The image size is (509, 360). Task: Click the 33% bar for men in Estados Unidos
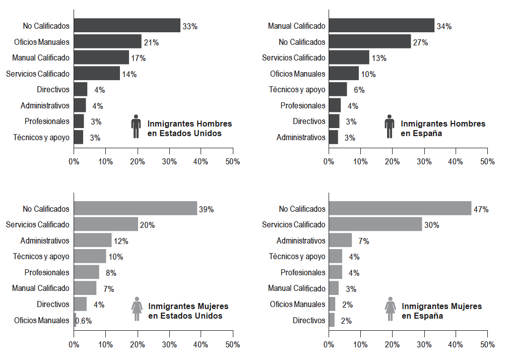point(127,26)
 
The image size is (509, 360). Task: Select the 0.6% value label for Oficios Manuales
point(84,321)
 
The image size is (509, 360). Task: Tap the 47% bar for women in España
point(400,209)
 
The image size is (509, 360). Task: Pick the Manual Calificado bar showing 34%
point(381,26)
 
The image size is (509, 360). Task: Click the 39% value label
point(206,209)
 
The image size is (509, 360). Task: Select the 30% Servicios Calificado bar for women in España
point(375,224)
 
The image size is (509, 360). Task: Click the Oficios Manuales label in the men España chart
point(297,74)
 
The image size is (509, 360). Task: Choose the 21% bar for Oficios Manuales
point(108,42)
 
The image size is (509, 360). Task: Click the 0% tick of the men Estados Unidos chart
point(74,162)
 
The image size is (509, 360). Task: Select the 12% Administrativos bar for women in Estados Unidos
point(93,241)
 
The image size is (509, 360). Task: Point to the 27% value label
point(420,42)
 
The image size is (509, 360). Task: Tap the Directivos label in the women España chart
point(309,320)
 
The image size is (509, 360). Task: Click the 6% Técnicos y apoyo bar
point(338,90)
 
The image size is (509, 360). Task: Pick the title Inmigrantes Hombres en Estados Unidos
point(189,129)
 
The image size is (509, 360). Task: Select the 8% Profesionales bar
point(87,272)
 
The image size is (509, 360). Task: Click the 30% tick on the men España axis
point(424,162)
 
